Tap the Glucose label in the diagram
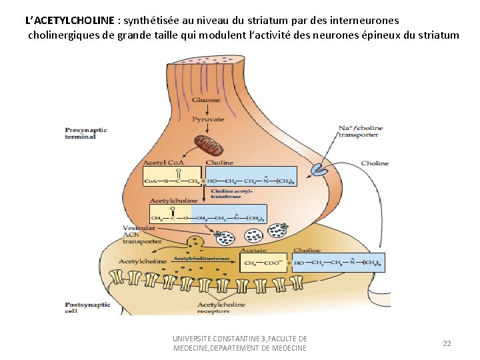[206, 100]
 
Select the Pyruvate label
[208, 119]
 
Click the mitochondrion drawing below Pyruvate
[206, 143]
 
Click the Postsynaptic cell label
[81, 307]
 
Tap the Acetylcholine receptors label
[221, 307]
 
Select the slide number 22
[447, 343]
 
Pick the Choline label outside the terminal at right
[375, 163]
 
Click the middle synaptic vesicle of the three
[255, 235]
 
